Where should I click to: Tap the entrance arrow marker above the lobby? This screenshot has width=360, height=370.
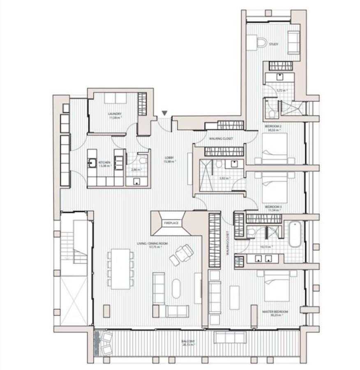coord(164,113)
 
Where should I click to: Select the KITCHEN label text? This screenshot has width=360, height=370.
coord(93,162)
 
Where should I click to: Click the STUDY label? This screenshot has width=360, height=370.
coord(274,44)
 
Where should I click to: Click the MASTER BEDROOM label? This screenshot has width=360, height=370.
coord(275,312)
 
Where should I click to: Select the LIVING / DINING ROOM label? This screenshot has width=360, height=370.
coord(152,244)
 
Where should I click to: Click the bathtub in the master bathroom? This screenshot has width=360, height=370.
coord(295,234)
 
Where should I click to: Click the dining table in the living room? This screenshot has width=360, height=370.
coord(120,268)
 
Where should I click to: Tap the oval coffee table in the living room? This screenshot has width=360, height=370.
coord(176,289)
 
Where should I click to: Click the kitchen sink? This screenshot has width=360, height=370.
coord(92,163)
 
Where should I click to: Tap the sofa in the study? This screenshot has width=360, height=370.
coord(293,42)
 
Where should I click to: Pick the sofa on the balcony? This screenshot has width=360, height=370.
coord(230,338)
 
